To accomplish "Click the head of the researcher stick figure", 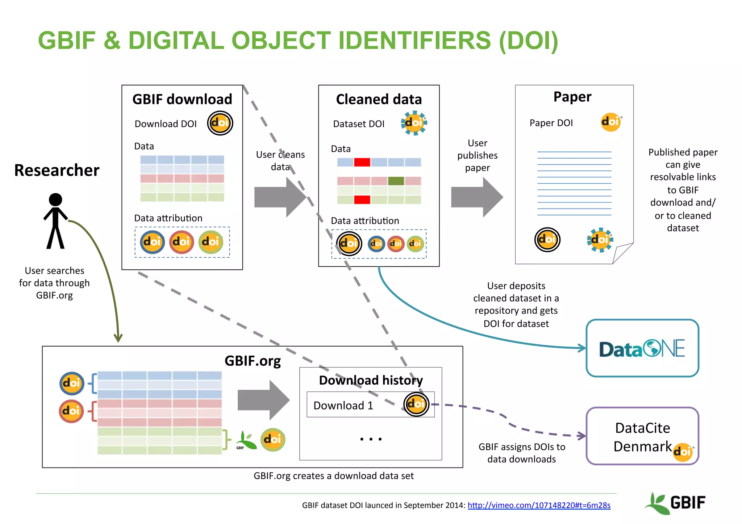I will coord(55,200).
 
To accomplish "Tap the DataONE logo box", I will coord(642,348).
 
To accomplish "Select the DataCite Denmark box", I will coord(642,436).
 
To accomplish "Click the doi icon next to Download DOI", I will coord(220,123).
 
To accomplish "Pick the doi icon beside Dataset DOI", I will coord(414,123).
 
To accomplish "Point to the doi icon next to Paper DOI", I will coord(611,122).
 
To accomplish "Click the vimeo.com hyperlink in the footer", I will coord(539,505).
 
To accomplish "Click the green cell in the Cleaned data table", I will coord(396,181).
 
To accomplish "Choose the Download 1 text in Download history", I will coord(343,405).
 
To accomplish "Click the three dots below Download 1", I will coord(371,439).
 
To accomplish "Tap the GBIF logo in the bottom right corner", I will coord(676,503).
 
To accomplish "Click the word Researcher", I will coord(57,170).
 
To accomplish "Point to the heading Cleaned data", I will coord(379,99).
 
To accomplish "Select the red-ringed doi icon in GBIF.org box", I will coord(71,411).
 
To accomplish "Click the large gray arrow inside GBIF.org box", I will coord(263,400).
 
